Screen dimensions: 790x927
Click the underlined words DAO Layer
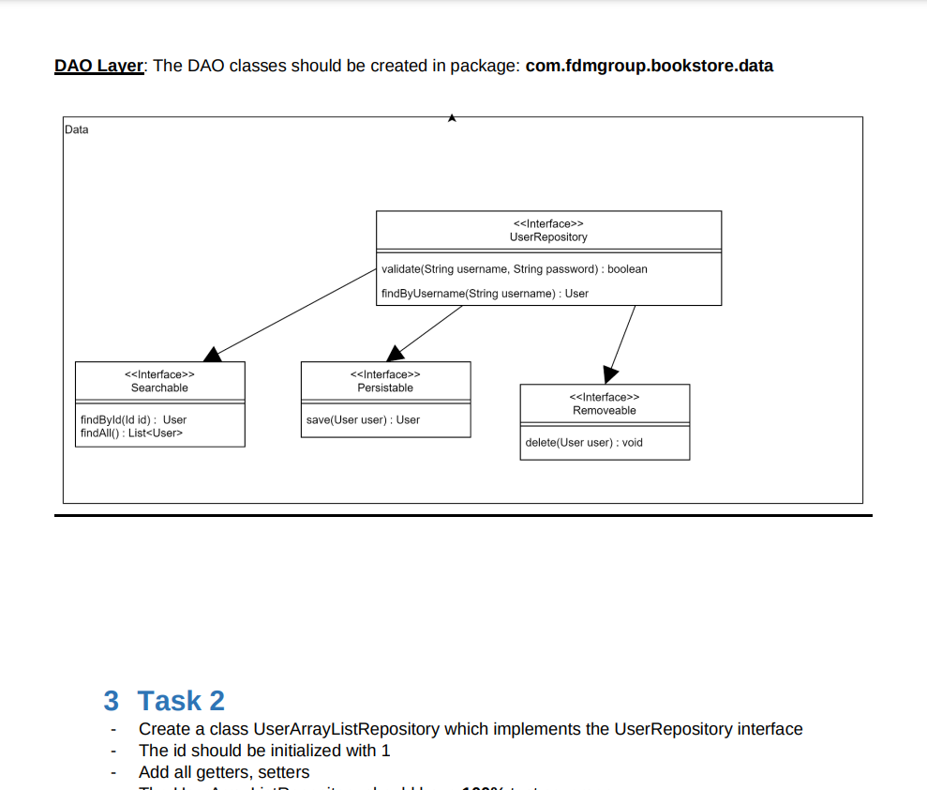98,66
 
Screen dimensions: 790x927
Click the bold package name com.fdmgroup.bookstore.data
649,66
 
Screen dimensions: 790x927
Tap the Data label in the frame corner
77,129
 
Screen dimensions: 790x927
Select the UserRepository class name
548,237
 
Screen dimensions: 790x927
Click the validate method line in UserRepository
515,269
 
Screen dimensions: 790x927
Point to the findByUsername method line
485,294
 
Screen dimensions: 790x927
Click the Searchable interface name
159,387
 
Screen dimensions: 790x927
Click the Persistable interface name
385,387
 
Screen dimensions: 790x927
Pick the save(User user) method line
363,419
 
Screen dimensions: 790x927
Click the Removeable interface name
605,410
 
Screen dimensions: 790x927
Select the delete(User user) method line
584,442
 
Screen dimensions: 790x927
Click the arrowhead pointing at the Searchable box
213,355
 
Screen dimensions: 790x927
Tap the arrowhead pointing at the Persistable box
396,353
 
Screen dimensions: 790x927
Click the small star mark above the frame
452,118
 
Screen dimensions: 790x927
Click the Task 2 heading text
181,701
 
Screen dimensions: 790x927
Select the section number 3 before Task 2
112,701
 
